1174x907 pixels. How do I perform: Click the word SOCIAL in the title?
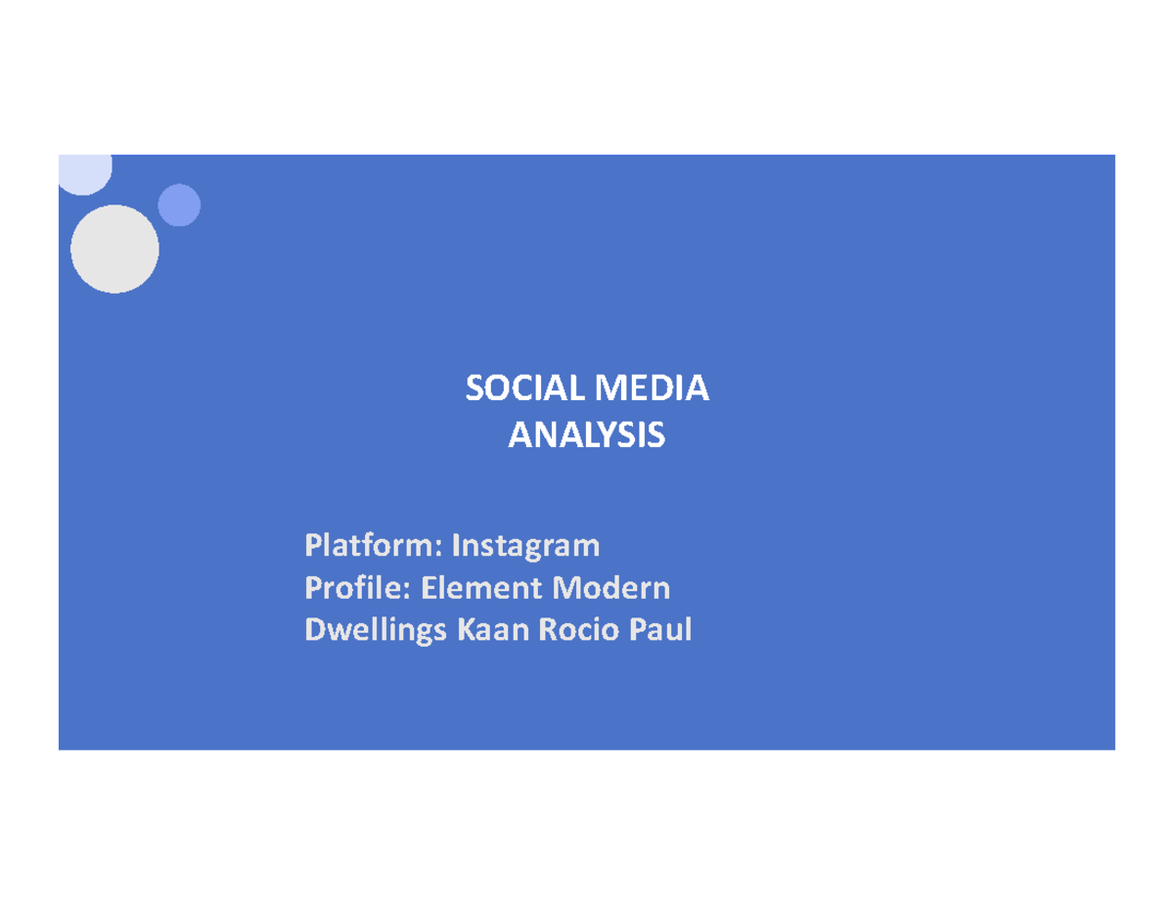coord(521,389)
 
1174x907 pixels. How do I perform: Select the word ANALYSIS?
coord(586,434)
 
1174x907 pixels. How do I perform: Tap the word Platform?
coord(373,543)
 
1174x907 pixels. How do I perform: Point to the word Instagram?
coord(524,543)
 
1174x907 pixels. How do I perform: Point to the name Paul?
coord(661,631)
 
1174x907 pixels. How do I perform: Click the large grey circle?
coord(114,249)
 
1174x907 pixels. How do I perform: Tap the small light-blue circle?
coord(179,205)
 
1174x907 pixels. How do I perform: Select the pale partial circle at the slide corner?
coord(85,172)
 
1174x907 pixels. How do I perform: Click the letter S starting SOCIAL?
coord(474,389)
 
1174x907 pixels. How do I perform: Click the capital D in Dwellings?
coord(315,631)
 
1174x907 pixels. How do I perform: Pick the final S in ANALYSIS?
coord(657,434)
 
